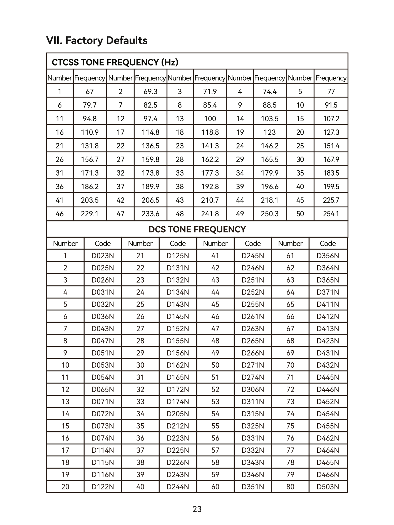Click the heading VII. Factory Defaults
pyautogui.click(x=97, y=41)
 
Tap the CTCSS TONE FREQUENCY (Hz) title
pyautogui.click(x=115, y=62)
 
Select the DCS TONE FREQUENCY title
pyautogui.click(x=197, y=229)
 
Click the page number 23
pyautogui.click(x=197, y=509)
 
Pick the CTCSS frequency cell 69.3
pyautogui.click(x=150, y=91)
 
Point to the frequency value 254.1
pyautogui.click(x=331, y=214)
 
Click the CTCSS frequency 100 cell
pyautogui.click(x=210, y=119)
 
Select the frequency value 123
pyautogui.click(x=270, y=132)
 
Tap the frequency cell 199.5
pyautogui.click(x=331, y=186)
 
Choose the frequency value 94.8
pyautogui.click(x=90, y=119)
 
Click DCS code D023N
pyautogui.click(x=103, y=256)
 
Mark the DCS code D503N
pyautogui.click(x=328, y=487)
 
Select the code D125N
pyautogui.click(x=178, y=256)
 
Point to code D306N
pyautogui.click(x=253, y=389)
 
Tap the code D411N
pyautogui.click(x=328, y=304)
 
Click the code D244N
pyautogui.click(x=178, y=487)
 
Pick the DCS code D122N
pyautogui.click(x=103, y=487)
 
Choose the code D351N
pyautogui.click(x=253, y=487)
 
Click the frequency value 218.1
pyautogui.click(x=270, y=200)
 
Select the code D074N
pyautogui.click(x=103, y=438)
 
